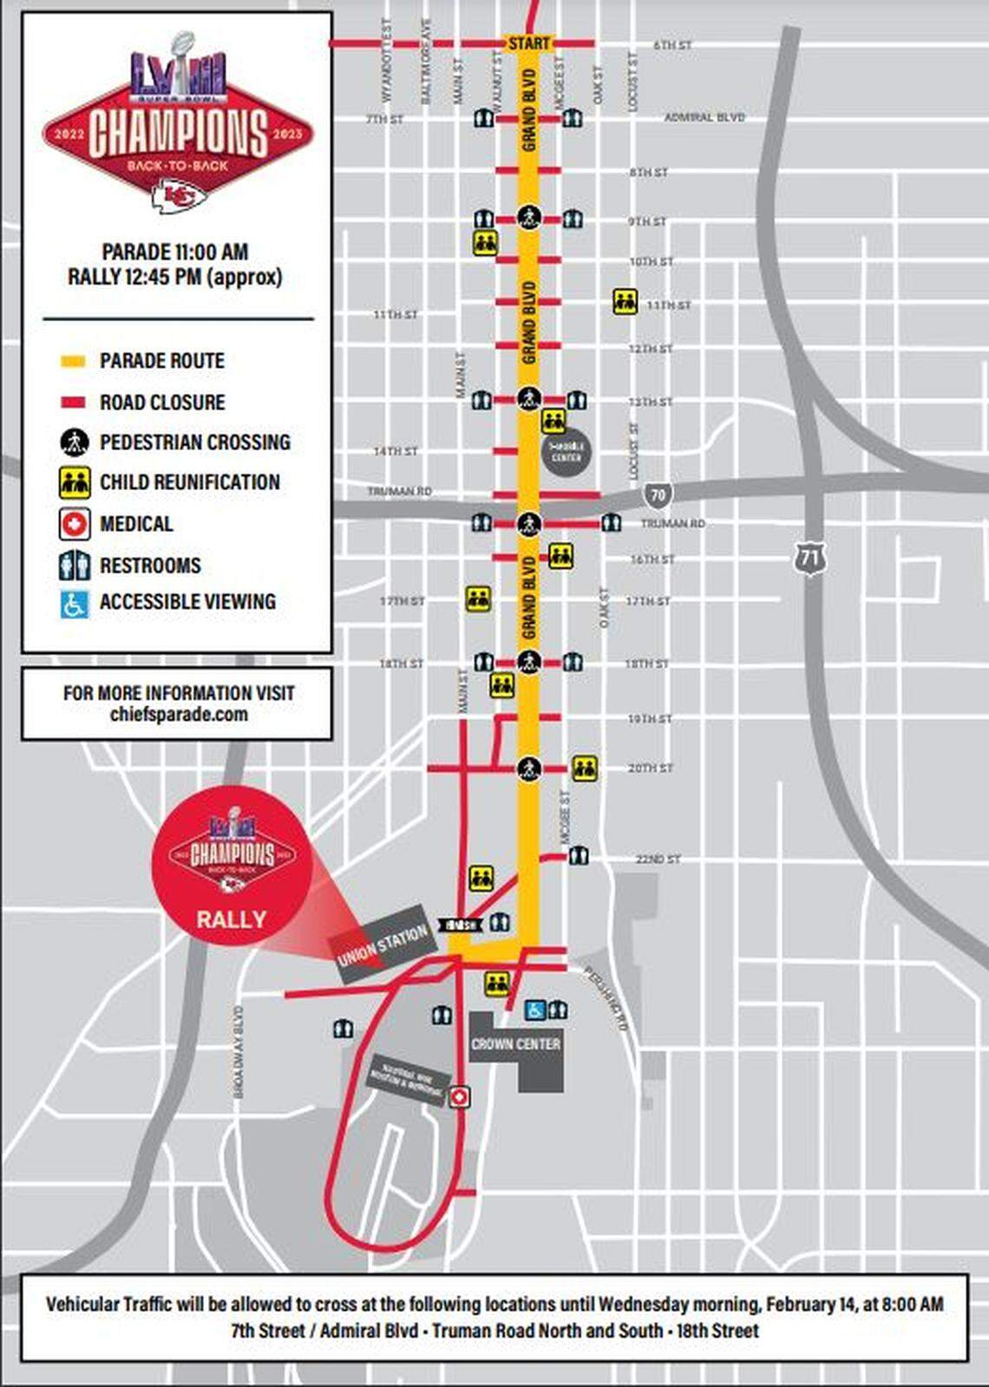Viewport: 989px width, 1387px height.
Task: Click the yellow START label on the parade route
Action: tap(528, 43)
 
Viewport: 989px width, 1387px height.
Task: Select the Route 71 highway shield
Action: tap(809, 557)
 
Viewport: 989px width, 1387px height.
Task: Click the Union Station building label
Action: tap(383, 944)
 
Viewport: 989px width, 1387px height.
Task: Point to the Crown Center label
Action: tap(515, 1044)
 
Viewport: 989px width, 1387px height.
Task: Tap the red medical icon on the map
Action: tap(458, 1097)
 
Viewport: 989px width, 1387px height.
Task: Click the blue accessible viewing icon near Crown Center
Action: tap(535, 1011)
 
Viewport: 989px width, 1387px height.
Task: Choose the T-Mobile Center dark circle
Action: tap(567, 451)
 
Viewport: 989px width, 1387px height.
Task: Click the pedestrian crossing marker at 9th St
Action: tap(529, 217)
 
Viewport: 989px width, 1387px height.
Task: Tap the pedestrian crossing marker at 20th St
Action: tap(529, 769)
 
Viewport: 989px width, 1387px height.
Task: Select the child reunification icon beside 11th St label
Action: tap(625, 302)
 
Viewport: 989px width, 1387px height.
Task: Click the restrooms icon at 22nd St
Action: tap(579, 857)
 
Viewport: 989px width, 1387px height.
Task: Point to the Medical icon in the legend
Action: tap(75, 524)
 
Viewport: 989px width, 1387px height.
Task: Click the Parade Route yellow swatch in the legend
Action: tap(73, 361)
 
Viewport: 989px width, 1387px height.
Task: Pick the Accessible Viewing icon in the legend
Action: tap(75, 604)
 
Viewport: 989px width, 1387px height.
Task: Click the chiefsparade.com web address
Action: tap(179, 715)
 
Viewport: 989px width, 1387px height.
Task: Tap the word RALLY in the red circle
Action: tap(231, 919)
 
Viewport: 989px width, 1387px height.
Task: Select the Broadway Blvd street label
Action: tap(239, 1051)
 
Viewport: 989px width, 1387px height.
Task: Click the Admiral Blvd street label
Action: tap(704, 117)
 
